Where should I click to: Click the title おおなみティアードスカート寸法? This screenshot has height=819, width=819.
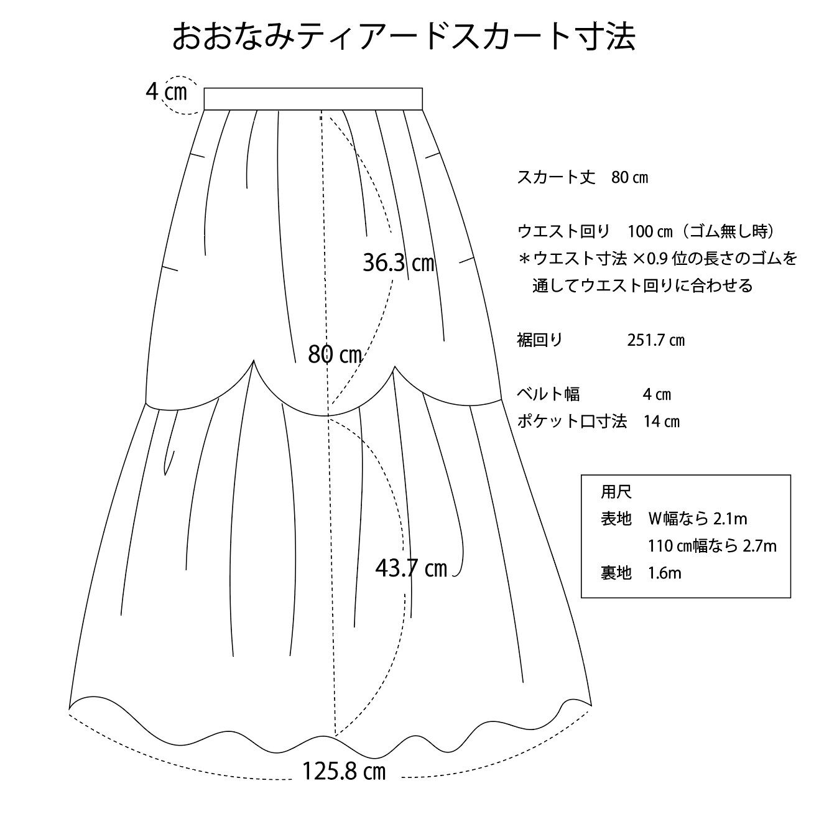403,37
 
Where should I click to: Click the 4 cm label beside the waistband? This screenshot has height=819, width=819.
166,92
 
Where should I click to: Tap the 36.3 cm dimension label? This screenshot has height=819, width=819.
398,263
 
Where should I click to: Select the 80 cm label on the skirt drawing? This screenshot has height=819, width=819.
335,354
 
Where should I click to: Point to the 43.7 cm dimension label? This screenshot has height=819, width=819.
411,568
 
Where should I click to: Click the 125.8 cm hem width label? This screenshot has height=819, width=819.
344,772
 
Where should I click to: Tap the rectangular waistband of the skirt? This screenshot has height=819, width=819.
313,99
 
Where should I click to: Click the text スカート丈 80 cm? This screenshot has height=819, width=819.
583,178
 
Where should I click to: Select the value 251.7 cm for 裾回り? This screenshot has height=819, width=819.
656,340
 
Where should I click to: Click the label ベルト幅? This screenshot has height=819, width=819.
548,394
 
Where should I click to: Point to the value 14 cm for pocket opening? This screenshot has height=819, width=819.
661,422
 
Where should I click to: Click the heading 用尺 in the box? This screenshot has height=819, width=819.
616,493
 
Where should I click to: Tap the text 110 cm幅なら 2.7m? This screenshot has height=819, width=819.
712,546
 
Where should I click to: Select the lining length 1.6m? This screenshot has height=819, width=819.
664,573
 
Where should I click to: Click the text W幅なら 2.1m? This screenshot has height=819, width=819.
696,519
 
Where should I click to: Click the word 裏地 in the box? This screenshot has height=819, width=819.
616,573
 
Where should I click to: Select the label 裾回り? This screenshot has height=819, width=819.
540,340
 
